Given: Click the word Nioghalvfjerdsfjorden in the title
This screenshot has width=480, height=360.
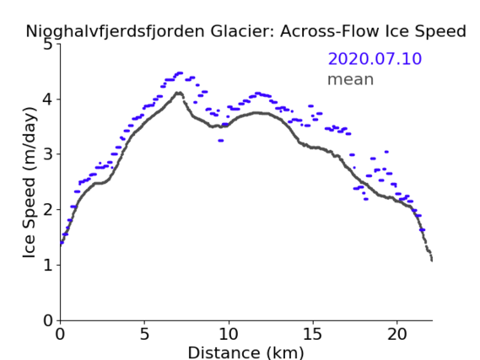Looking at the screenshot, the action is click(x=115, y=32).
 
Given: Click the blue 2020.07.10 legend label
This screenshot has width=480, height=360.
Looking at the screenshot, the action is click(x=375, y=59).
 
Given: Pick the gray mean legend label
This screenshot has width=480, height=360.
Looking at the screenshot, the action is click(x=351, y=79).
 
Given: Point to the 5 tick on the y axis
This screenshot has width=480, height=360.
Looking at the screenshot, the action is click(x=48, y=45).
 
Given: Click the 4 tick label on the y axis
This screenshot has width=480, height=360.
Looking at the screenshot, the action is click(x=48, y=99).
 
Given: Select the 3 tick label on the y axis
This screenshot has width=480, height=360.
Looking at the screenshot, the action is click(x=48, y=154).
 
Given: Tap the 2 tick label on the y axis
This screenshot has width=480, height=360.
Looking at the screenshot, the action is click(x=48, y=210).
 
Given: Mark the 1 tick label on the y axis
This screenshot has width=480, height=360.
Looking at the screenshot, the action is click(x=48, y=265).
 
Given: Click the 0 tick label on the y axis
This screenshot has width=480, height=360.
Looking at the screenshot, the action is click(x=48, y=320).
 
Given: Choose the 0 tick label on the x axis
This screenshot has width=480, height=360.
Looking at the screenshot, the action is click(x=60, y=335).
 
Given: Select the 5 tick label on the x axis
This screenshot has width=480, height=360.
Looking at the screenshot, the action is click(x=144, y=335).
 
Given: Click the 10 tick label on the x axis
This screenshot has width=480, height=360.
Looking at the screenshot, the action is click(x=229, y=335).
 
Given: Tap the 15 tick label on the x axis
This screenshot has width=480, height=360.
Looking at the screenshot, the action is click(x=313, y=335).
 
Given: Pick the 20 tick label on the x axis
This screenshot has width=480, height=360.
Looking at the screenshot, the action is click(x=397, y=335).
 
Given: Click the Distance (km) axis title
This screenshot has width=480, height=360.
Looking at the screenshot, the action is click(x=245, y=352).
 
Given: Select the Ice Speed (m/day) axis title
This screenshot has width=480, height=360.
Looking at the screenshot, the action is click(x=30, y=183).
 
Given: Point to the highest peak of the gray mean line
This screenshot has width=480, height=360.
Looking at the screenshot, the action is click(x=179, y=93).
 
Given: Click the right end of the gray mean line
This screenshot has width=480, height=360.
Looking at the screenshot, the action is click(x=432, y=261).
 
